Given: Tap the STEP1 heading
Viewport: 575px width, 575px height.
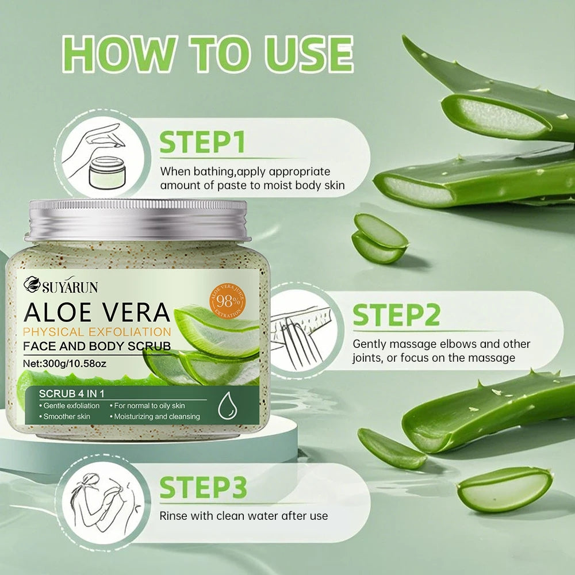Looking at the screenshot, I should (x=202, y=142).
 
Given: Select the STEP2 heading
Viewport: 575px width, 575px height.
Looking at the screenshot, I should (x=397, y=316).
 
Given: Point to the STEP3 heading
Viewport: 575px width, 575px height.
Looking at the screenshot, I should (x=203, y=488).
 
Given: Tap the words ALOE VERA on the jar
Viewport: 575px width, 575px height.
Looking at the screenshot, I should (x=97, y=312).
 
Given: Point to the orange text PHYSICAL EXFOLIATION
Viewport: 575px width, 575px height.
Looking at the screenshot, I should (x=97, y=332).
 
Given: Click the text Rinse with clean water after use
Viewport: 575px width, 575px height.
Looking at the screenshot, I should (x=243, y=516).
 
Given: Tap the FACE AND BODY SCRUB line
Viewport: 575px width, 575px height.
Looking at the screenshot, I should (x=97, y=346).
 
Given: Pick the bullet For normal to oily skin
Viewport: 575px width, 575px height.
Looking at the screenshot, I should (x=151, y=406).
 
